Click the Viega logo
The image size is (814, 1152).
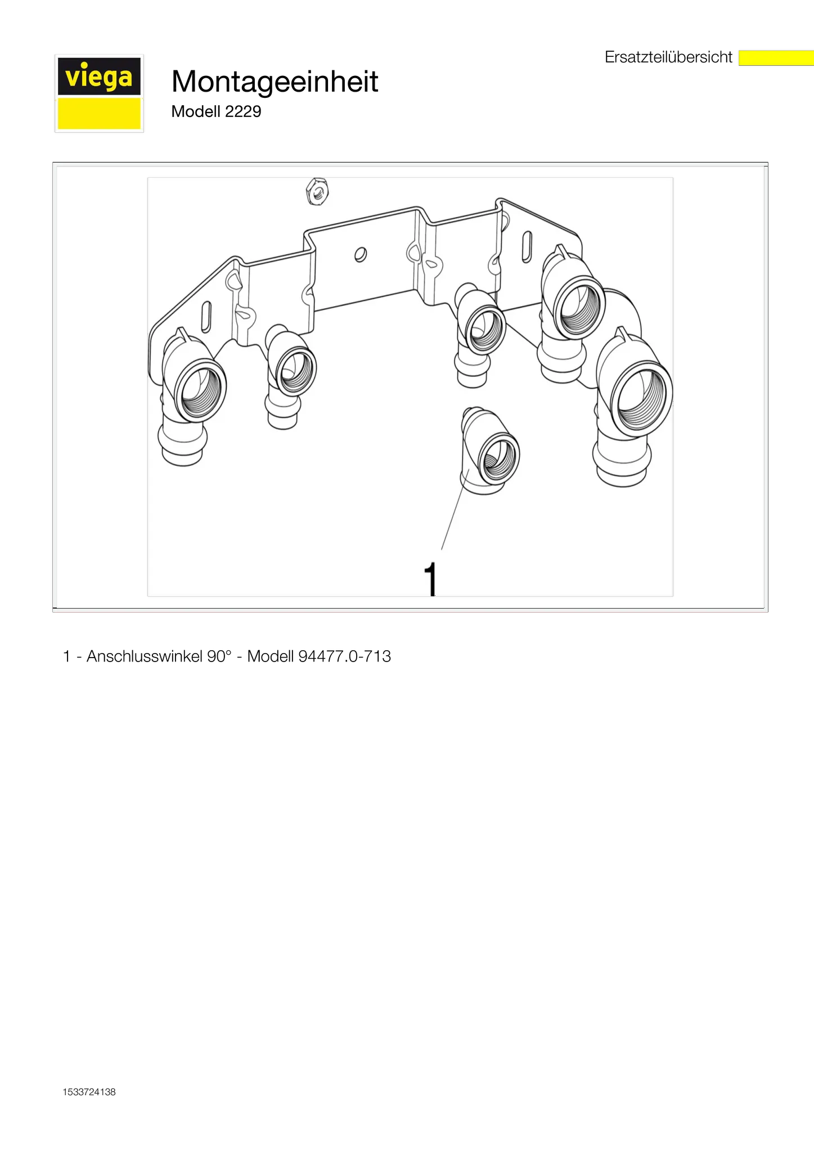(99, 93)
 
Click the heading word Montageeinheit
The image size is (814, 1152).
(275, 81)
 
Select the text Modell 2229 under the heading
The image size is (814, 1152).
(216, 111)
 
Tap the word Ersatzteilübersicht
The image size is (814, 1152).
(668, 57)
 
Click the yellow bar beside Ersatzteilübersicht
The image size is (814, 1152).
(776, 58)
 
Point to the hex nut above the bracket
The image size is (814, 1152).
(317, 192)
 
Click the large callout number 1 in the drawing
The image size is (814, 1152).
(431, 579)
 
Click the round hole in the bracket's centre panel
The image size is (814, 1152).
(361, 255)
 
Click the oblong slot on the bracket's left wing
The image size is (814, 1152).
(206, 317)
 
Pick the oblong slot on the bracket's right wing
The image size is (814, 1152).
(527, 246)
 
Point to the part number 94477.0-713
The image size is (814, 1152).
(344, 656)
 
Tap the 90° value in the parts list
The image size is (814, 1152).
(219, 656)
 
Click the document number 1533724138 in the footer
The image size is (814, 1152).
(89, 1092)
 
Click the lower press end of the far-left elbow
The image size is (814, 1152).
(182, 445)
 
